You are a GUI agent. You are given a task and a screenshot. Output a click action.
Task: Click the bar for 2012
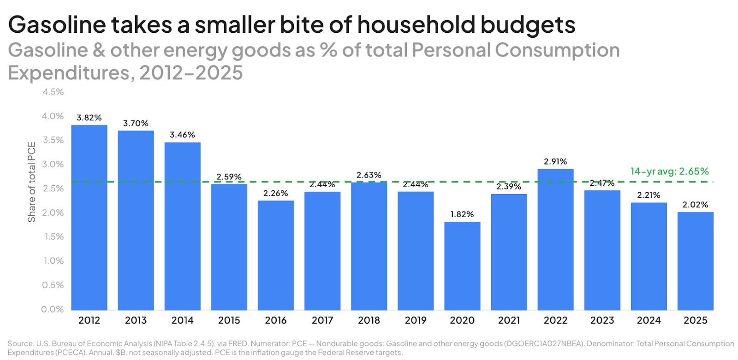89,218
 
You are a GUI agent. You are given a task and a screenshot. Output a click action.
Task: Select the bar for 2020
462,266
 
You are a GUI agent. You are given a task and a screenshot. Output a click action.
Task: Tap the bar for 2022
555,240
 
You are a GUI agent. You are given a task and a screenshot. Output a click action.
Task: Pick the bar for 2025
695,261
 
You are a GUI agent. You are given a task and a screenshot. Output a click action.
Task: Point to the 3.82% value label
89,118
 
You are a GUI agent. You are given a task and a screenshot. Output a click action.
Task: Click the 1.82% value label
462,214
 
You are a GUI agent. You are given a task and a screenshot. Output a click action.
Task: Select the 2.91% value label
555,161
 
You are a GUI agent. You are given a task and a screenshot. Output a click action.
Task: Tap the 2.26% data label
276,193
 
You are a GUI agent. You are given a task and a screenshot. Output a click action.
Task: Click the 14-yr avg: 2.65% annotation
669,171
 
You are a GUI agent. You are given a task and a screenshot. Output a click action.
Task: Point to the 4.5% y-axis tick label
53,92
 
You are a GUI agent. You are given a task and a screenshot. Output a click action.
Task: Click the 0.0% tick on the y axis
53,309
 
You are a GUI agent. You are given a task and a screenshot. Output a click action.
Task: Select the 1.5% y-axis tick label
54,237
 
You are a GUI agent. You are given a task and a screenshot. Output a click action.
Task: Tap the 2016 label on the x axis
276,320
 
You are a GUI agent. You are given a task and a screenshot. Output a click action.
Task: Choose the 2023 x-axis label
602,320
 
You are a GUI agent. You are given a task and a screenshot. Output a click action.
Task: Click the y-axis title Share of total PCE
31,182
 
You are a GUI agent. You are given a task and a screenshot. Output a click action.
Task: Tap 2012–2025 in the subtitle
191,73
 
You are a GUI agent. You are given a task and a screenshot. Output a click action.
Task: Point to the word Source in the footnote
21,344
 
